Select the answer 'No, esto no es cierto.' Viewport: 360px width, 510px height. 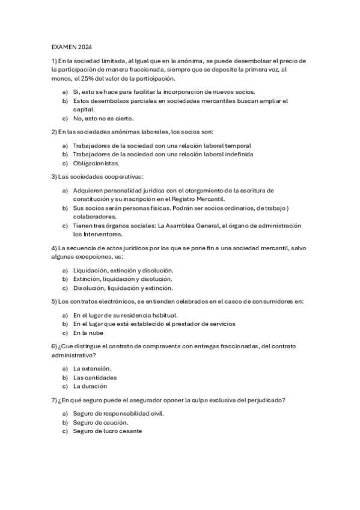[x=103, y=118]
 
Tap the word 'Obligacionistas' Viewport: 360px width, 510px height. [x=96, y=163]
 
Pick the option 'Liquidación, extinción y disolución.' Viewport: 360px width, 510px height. [x=123, y=270]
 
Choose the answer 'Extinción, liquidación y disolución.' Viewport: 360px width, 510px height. [x=123, y=279]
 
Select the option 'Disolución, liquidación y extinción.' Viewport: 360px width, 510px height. [x=123, y=288]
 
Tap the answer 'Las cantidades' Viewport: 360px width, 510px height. [x=94, y=377]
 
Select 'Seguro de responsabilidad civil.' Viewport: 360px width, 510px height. [x=118, y=413]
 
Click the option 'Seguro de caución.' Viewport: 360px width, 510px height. [x=100, y=422]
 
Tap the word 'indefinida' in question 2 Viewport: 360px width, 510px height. [x=237, y=154]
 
